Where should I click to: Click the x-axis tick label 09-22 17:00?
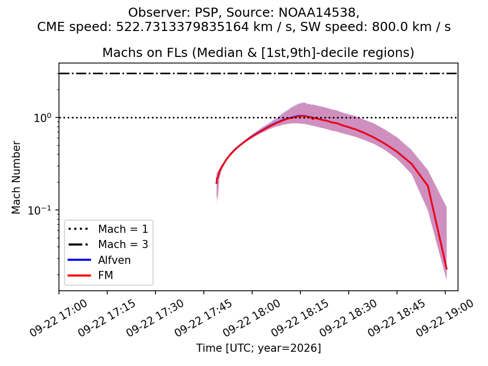(x=58, y=318)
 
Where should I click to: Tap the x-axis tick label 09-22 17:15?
(x=107, y=318)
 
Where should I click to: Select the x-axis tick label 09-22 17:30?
(x=155, y=318)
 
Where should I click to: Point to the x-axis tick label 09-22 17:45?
(x=203, y=318)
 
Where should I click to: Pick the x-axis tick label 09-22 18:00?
(x=252, y=318)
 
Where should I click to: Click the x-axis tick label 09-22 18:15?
(x=300, y=318)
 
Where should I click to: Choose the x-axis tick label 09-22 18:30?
(x=348, y=318)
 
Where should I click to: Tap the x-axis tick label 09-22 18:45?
(x=396, y=318)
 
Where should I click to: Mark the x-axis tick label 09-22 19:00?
(x=444, y=318)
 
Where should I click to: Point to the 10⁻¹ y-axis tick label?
(x=39, y=210)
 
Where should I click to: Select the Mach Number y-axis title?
(x=16, y=177)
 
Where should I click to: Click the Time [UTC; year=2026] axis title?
(x=258, y=348)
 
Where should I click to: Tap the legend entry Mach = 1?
(x=123, y=229)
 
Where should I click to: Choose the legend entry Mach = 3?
(x=123, y=245)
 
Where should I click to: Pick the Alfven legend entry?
(x=114, y=260)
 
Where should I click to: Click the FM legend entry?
(x=106, y=275)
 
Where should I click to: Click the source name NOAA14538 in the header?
(x=317, y=12)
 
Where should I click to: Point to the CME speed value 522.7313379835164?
(x=182, y=27)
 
